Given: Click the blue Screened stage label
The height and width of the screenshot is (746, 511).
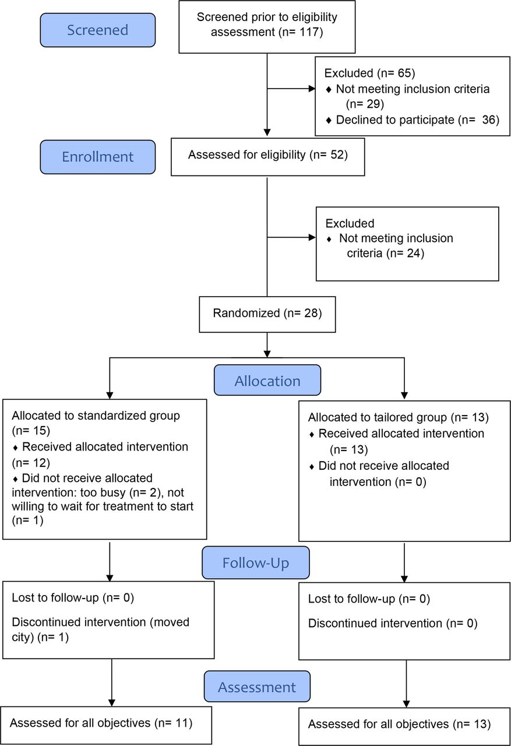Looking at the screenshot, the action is (97, 30).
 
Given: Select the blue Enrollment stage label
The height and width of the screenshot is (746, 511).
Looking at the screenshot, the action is (97, 157).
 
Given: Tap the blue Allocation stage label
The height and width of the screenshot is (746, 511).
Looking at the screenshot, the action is (267, 380).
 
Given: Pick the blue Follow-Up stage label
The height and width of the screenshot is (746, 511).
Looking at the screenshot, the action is (256, 562).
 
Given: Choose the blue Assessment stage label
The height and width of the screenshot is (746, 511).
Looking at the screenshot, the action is (257, 687).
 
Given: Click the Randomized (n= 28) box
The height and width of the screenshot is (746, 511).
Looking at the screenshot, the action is (267, 314).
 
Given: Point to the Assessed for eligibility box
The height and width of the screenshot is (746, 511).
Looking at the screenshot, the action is (267, 157).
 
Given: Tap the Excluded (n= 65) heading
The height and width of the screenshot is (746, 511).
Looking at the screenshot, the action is (369, 73).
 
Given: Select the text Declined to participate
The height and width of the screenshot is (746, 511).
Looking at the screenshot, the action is (395, 119).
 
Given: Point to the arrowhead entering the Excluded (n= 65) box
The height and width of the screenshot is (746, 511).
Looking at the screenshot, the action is (312, 89).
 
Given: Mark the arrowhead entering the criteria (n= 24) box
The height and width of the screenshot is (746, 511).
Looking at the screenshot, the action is (312, 237).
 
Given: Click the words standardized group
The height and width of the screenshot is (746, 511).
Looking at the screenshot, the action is (129, 416).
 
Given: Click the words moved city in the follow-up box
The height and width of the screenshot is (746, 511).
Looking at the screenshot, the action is (100, 629).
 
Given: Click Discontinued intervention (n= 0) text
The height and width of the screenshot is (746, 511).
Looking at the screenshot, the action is (393, 623).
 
